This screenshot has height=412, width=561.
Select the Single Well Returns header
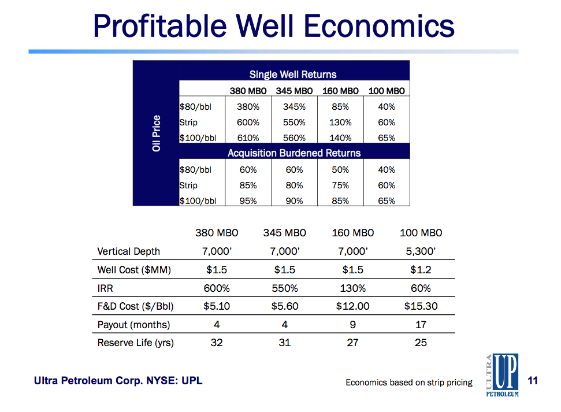click(293, 74)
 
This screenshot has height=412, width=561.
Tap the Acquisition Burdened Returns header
click(294, 153)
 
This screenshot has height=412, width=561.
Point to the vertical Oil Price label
click(156, 133)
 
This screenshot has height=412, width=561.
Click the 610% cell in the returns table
click(248, 138)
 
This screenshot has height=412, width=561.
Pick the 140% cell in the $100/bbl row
click(340, 138)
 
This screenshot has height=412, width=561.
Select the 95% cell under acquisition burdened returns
click(248, 201)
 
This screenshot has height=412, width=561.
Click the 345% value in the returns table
click(294, 107)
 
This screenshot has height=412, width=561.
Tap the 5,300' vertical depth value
click(421, 251)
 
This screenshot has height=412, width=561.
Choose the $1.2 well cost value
click(421, 270)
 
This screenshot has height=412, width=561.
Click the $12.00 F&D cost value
click(352, 306)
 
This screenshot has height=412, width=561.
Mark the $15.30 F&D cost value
click(421, 306)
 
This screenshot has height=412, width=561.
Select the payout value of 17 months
click(421, 325)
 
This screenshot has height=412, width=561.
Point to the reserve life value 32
click(217, 343)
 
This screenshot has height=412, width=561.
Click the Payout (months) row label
click(133, 325)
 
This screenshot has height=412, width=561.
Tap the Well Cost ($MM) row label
click(134, 270)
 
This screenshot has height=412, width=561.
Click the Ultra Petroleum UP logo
click(501, 375)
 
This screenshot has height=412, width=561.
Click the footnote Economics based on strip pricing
click(408, 383)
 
